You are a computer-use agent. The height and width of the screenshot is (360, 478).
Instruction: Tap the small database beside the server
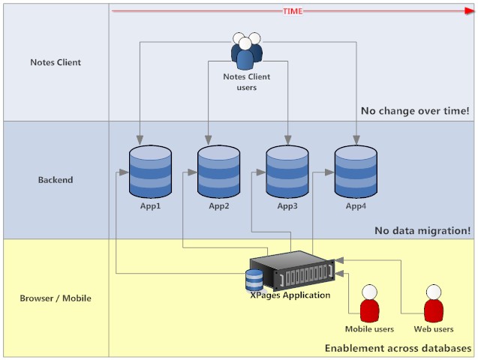click(x=254, y=280)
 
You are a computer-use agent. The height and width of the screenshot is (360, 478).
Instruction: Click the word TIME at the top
click(x=293, y=11)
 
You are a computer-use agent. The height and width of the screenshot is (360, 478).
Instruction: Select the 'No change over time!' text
click(x=415, y=111)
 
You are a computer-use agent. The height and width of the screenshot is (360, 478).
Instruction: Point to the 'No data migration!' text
click(x=422, y=230)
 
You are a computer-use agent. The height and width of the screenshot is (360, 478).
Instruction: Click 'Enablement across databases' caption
click(x=398, y=349)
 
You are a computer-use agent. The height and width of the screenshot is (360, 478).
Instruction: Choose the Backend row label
click(x=56, y=180)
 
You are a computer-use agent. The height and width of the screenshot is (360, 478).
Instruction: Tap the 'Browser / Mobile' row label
click(x=56, y=298)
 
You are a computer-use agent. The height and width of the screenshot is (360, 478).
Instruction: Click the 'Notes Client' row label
click(x=56, y=62)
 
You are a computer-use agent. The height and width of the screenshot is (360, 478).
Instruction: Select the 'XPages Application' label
click(x=290, y=295)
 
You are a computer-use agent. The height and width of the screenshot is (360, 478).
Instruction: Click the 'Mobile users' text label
click(x=369, y=329)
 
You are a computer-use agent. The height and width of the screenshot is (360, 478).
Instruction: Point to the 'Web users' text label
click(x=434, y=329)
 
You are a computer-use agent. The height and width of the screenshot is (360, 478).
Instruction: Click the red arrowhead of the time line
click(x=469, y=11)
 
